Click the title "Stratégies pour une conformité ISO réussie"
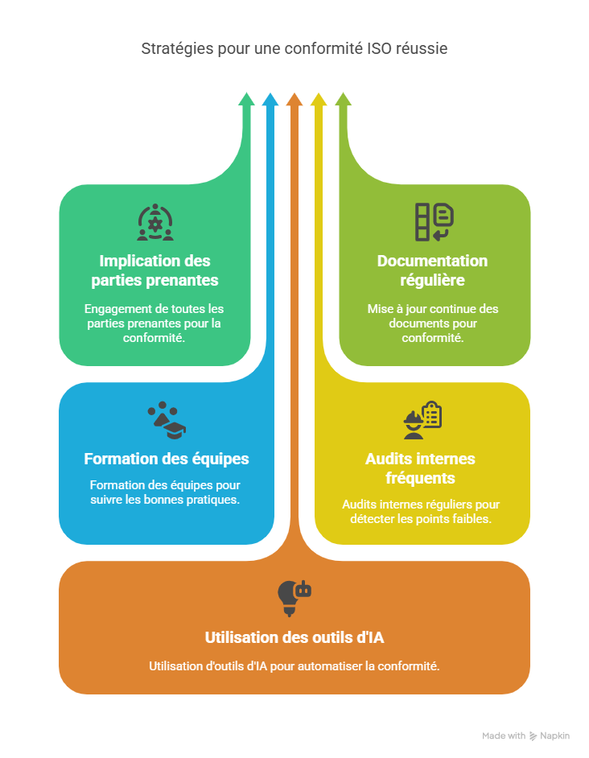pyautogui.click(x=294, y=49)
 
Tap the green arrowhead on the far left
pyautogui.click(x=246, y=100)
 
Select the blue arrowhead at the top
pyautogui.click(x=270, y=100)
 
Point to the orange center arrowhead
pyautogui.click(x=294, y=100)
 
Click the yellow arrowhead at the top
pyautogui.click(x=319, y=100)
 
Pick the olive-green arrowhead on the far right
pyautogui.click(x=343, y=100)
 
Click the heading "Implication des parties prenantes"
pyautogui.click(x=154, y=271)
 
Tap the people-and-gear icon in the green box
pyautogui.click(x=155, y=223)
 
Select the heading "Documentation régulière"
pyautogui.click(x=433, y=271)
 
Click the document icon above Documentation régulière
pyautogui.click(x=434, y=223)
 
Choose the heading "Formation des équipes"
pyautogui.click(x=167, y=459)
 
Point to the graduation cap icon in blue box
pyautogui.click(x=167, y=420)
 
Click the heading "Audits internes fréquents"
pyautogui.click(x=420, y=468)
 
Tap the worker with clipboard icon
pyautogui.click(x=422, y=420)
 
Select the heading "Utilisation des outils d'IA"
pyautogui.click(x=294, y=638)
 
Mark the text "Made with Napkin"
pyautogui.click(x=526, y=735)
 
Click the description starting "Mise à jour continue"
pyautogui.click(x=433, y=323)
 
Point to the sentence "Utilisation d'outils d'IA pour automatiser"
pyautogui.click(x=294, y=666)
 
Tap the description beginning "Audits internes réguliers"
pyautogui.click(x=421, y=511)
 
